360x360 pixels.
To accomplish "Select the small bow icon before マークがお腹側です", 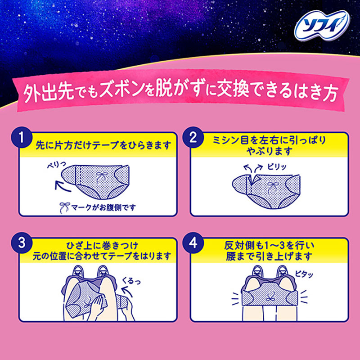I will click(x=64, y=207).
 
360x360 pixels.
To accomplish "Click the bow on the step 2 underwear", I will click(x=271, y=185).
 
